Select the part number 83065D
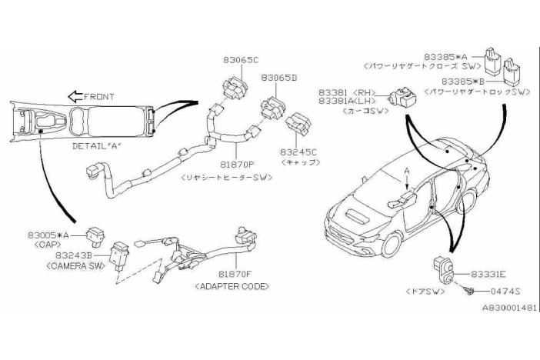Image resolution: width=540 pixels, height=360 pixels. point(278,78)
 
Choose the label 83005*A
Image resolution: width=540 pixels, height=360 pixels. point(48,235)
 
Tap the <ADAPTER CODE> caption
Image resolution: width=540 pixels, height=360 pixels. point(233,286)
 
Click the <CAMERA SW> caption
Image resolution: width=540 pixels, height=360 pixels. point(60,265)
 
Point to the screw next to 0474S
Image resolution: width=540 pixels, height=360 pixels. point(468,290)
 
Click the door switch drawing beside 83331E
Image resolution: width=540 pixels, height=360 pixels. point(442,269)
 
